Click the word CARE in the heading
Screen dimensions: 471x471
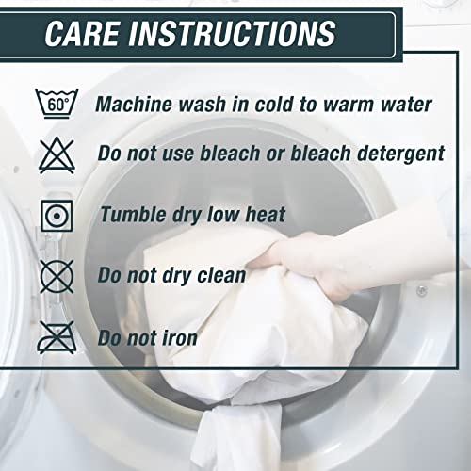pos(83,33)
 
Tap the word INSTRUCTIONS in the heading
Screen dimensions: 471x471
pos(233,33)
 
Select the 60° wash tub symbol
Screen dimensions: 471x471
pos(57,104)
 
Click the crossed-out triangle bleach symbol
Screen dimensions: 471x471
pos(57,155)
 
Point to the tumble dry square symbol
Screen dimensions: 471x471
pos(57,216)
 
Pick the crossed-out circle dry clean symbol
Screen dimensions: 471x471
pos(57,277)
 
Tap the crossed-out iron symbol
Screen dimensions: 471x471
pos(57,337)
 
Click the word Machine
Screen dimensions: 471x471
pos(135,104)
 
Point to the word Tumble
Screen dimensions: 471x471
pos(133,215)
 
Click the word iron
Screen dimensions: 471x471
pos(180,338)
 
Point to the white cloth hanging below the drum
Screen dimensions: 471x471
pos(238,436)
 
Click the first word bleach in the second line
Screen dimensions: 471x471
pos(230,153)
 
